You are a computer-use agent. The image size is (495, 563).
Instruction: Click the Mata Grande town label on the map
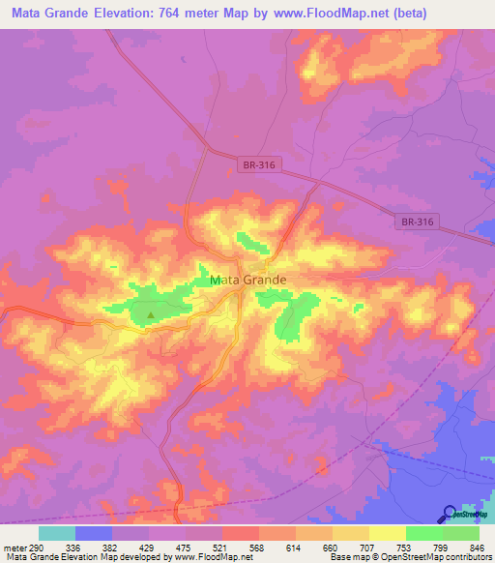point(247,281)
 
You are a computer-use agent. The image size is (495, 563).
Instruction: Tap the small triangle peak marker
point(150,313)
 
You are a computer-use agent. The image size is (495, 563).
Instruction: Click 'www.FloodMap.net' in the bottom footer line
point(209,557)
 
